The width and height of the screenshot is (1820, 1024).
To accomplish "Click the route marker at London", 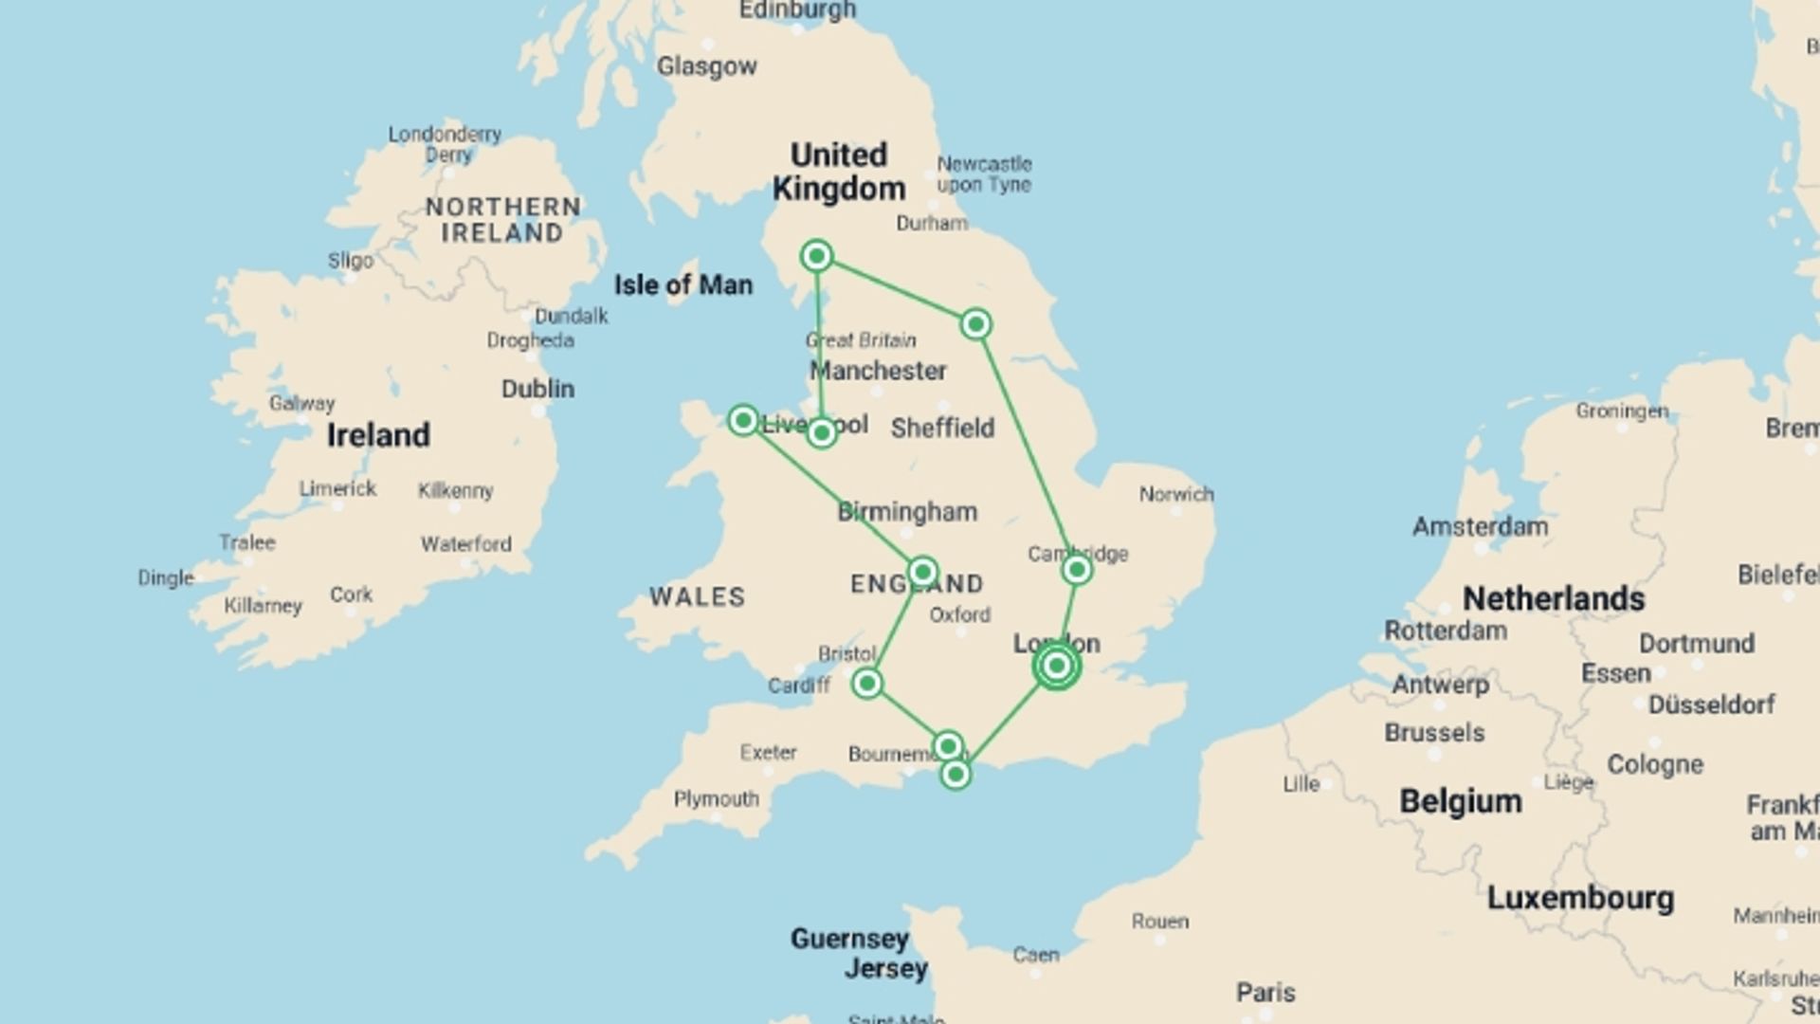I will click(x=1056, y=666).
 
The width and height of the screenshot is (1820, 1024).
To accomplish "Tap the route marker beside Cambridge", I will click(x=1076, y=570).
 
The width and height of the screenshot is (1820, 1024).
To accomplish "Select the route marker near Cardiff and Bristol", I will click(x=866, y=683).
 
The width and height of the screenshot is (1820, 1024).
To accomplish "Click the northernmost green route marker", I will click(x=816, y=255).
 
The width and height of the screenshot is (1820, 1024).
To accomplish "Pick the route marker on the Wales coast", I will click(x=743, y=420).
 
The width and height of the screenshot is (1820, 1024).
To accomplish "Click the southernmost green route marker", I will click(x=955, y=775).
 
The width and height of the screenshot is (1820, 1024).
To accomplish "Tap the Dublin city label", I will click(x=537, y=389).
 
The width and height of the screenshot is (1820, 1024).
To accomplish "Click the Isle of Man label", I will click(x=682, y=284).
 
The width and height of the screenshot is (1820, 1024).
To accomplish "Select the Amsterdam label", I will click(x=1480, y=526).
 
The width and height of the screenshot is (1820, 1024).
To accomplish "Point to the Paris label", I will click(x=1265, y=993).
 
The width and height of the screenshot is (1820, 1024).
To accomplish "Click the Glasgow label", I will click(x=707, y=66).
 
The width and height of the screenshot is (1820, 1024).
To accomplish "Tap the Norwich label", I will click(x=1176, y=494).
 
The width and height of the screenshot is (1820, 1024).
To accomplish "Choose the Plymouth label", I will click(x=716, y=798).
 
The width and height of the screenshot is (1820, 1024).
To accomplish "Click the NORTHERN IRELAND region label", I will click(x=502, y=220).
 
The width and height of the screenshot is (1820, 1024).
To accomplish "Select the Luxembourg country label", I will click(x=1580, y=897).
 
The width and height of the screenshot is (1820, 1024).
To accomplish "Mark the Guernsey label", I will click(x=849, y=939).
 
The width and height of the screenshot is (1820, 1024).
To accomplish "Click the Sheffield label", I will click(x=942, y=429).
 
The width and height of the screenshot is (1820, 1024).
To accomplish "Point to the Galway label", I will click(x=301, y=403).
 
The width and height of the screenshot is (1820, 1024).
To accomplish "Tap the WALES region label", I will click(x=697, y=596).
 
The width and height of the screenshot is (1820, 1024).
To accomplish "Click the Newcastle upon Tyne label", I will click(x=984, y=174).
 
